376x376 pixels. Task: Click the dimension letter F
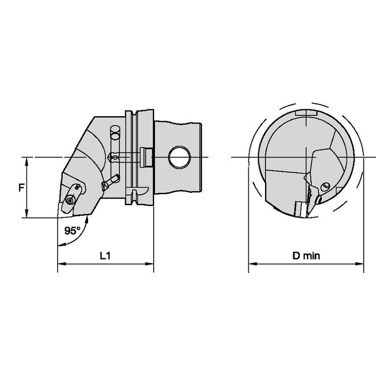pyautogui.click(x=22, y=187)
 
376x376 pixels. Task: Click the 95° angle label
pyautogui.click(x=72, y=231)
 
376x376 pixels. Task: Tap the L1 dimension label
pyautogui.click(x=105, y=256)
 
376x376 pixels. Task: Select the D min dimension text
pyautogui.click(x=306, y=256)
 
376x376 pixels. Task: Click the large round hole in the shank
pyautogui.click(x=180, y=157)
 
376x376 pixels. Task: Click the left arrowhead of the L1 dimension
pyautogui.click(x=62, y=264)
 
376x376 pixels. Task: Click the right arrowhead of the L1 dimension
pyautogui.click(x=149, y=264)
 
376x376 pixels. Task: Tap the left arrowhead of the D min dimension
pyautogui.click(x=253, y=264)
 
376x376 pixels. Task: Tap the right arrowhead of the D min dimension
pyautogui.click(x=359, y=264)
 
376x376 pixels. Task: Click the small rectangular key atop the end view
pyautogui.click(x=306, y=113)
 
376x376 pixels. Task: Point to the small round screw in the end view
pyautogui.click(x=325, y=185)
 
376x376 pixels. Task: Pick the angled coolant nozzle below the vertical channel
pyautogui.click(x=111, y=182)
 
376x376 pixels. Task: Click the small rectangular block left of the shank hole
pyautogui.click(x=146, y=157)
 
